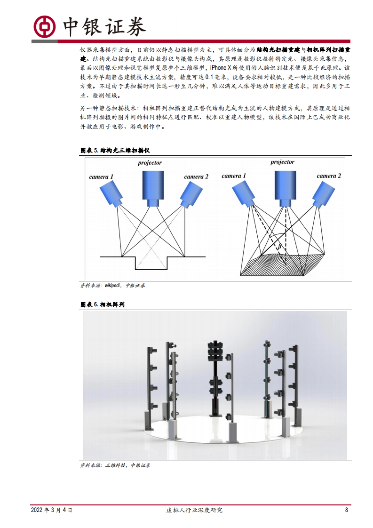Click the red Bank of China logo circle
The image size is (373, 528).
coord(44,26)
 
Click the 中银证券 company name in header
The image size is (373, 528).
coord(104,27)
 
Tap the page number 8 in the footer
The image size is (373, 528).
coord(346,510)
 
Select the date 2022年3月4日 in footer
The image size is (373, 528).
coord(52,510)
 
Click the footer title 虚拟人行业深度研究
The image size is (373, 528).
coord(194,510)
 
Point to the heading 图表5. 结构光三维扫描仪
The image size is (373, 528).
coord(115,151)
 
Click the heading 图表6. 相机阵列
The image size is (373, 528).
coord(103,305)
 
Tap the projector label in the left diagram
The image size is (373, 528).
coord(150,163)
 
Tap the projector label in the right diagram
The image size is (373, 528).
coord(282,162)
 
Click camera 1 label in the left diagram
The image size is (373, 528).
coord(101,177)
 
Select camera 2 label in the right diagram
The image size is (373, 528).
coord(329,176)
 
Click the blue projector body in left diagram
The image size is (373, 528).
coord(153,187)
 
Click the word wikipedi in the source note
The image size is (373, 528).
coord(112,285)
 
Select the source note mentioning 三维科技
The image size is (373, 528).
coord(115,465)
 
